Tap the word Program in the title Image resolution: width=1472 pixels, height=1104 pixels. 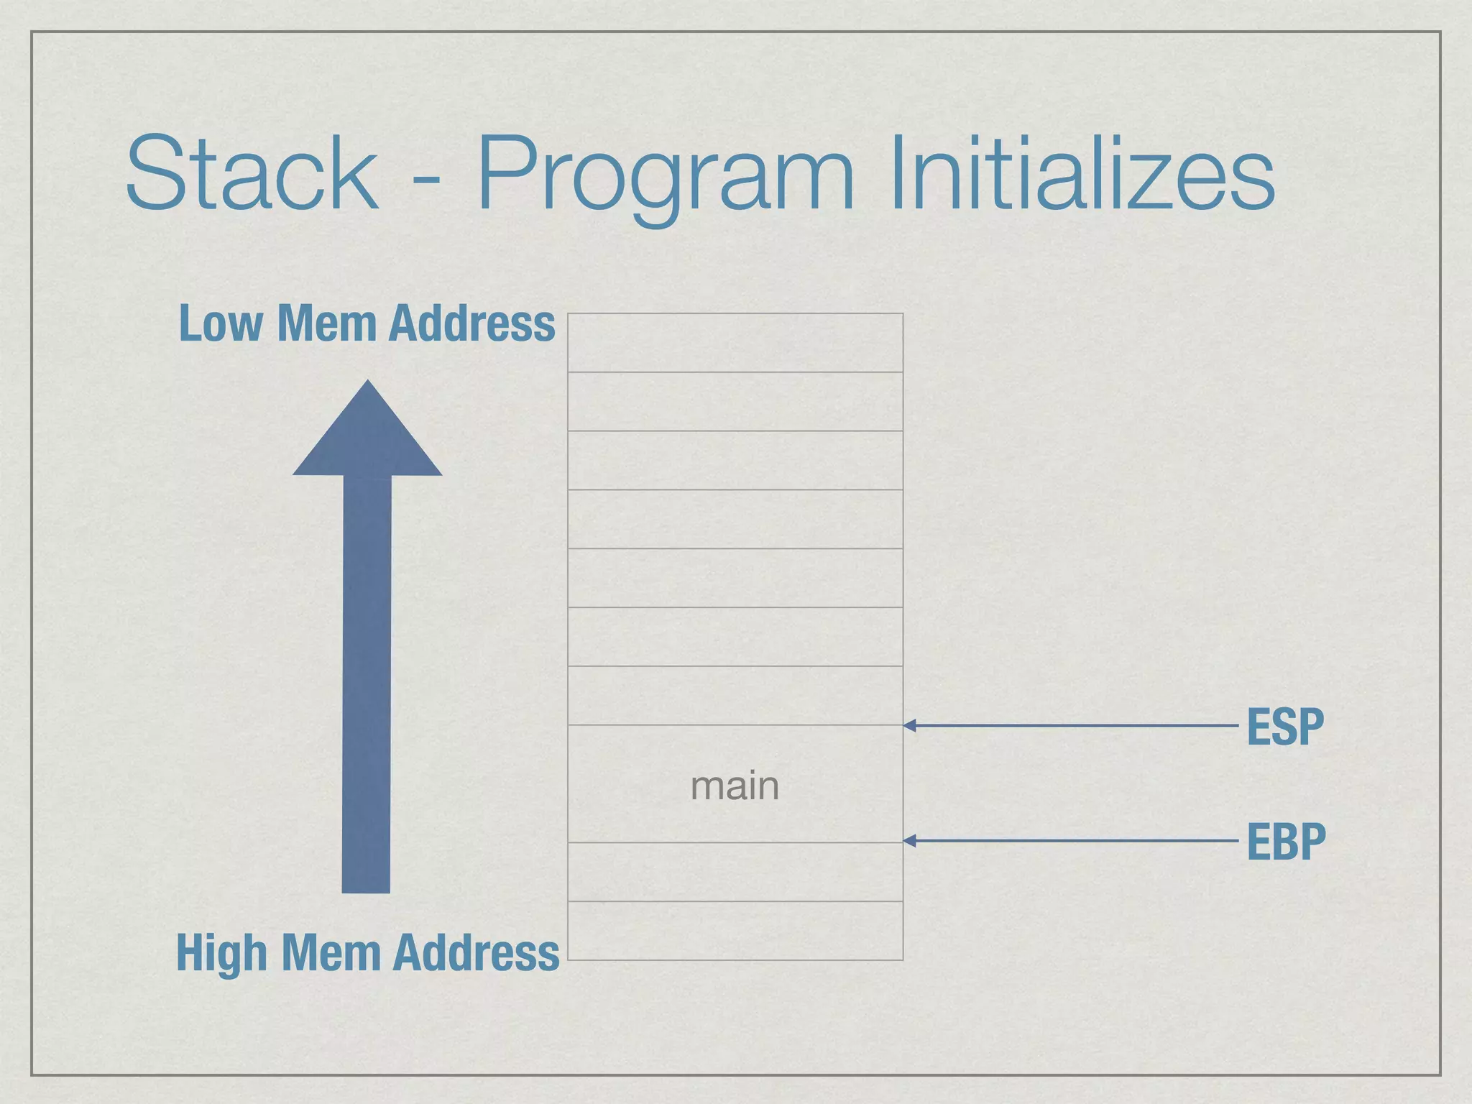pos(666,176)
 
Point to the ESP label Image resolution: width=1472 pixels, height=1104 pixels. pos(1285,727)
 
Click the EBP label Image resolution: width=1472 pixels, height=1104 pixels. pos(1286,842)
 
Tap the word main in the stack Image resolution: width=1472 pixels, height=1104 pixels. pos(735,786)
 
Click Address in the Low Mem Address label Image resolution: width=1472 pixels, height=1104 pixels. pos(471,323)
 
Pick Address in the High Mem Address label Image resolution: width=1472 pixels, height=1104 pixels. pos(476,953)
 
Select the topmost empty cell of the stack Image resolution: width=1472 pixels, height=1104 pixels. pos(735,343)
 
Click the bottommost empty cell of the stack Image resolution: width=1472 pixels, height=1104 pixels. pos(735,931)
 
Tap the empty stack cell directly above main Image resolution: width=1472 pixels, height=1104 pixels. pos(735,696)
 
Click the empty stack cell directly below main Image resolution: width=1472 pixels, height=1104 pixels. pos(735,872)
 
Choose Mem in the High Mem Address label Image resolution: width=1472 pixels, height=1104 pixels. pos(331,953)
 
